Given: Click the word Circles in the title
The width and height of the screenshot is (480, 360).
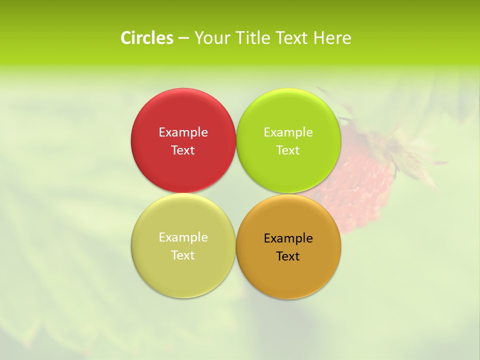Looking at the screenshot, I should tap(147, 38).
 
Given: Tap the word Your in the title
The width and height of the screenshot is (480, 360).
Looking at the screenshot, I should tap(210, 38).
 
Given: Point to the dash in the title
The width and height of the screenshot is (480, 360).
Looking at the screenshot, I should tap(183, 38).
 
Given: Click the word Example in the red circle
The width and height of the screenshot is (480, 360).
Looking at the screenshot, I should tap(183, 132).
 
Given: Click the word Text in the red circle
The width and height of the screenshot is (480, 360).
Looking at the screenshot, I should tap(183, 150).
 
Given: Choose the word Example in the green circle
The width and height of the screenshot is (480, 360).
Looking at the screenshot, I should tap(288, 132).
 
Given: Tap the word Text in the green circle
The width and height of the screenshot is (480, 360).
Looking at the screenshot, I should tap(288, 150).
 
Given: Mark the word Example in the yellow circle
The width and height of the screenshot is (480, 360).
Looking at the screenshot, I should tap(183, 237).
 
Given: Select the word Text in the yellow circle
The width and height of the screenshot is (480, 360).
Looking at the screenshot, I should tap(183, 255).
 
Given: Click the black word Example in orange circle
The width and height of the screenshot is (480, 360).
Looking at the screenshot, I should tap(288, 238).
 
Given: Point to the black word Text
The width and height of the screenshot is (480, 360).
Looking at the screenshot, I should tap(288, 256).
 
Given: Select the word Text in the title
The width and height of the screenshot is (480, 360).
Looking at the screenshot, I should tap(292, 38).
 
